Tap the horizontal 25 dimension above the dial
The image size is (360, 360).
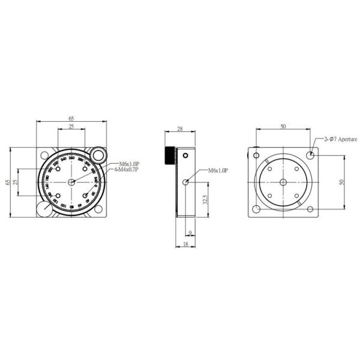[71, 128]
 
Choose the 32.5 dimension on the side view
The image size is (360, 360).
[205, 199]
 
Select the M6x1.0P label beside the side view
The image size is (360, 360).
[218, 171]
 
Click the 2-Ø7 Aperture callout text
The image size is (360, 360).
[340, 139]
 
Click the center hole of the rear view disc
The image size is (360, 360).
[283, 182]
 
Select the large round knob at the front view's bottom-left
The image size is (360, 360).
[44, 210]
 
